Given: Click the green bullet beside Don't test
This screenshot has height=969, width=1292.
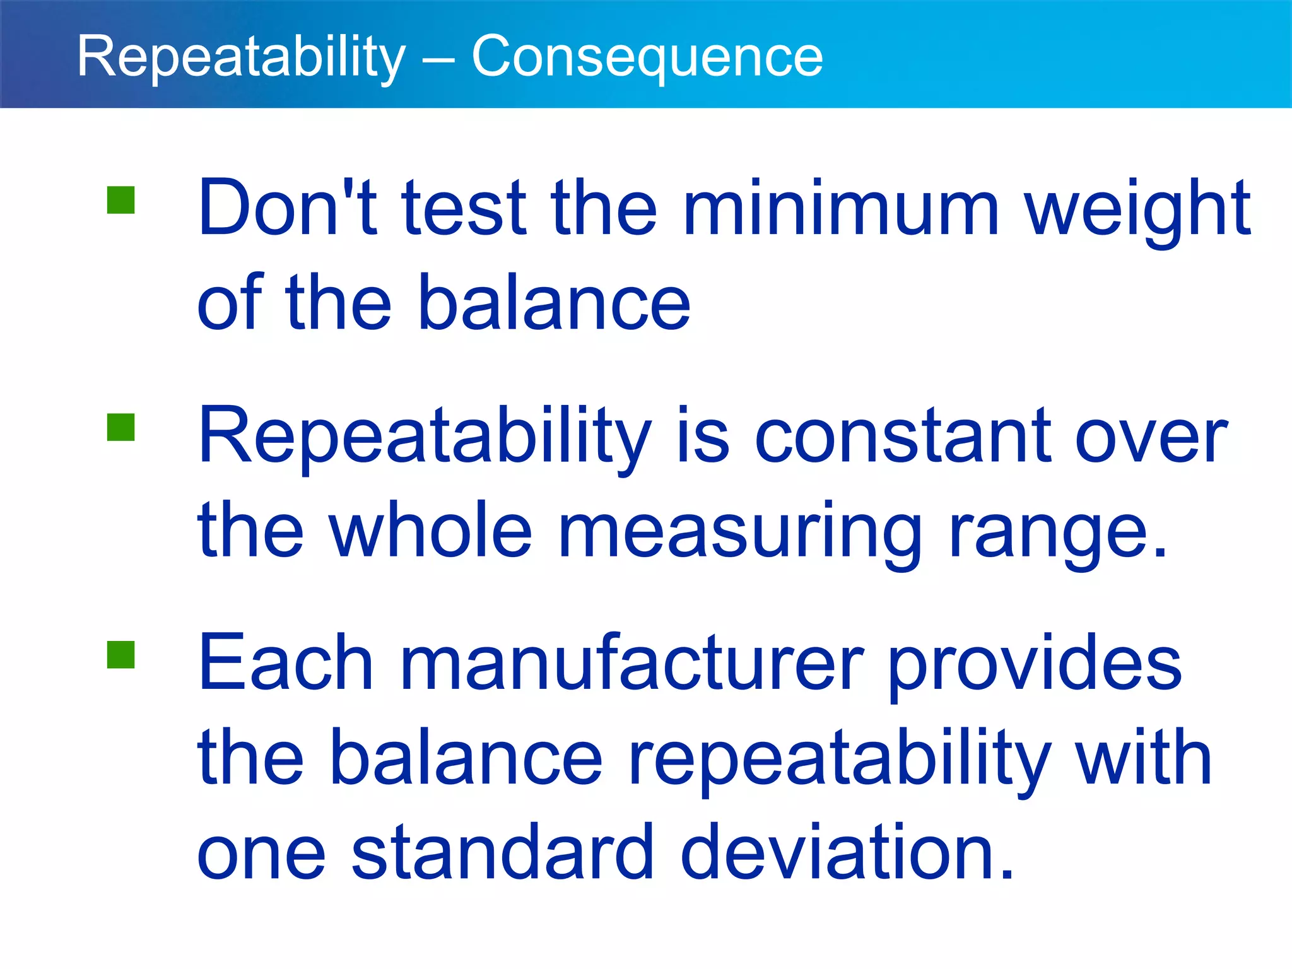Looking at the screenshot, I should (121, 200).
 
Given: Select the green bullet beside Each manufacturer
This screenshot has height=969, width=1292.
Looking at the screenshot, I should (121, 654).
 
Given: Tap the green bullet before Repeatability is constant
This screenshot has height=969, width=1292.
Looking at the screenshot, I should (121, 427).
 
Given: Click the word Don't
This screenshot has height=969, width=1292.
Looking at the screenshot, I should (287, 208).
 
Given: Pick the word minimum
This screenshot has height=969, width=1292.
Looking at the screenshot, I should (841, 208).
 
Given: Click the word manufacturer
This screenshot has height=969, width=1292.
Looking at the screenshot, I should (632, 664).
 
